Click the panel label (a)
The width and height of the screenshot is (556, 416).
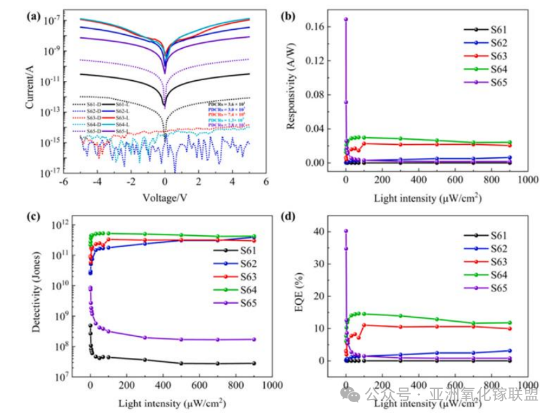coord(33,16)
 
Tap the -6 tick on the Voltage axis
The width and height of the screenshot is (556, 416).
coord(63,182)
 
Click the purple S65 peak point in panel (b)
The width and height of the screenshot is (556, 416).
coord(346,19)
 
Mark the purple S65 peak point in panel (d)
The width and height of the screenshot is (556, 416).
coord(346,231)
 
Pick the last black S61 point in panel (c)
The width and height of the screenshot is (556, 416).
coord(254,363)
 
